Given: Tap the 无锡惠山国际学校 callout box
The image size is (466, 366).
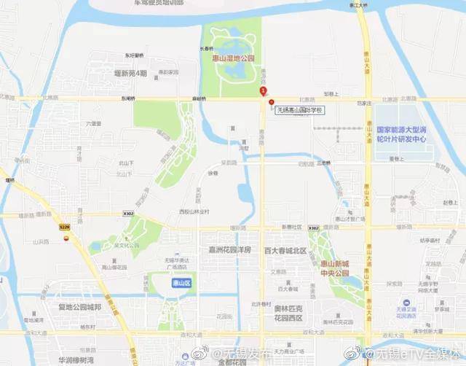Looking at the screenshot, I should pos(299,110).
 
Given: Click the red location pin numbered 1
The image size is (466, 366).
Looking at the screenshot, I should pos(263,90).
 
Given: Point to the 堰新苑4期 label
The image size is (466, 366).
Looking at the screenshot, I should pos(130,74).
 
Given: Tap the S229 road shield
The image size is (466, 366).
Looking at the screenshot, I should pos(65,227).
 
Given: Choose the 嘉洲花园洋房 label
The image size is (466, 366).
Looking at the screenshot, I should pos(229,249).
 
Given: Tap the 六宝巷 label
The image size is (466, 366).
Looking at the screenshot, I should pos(92,124).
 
